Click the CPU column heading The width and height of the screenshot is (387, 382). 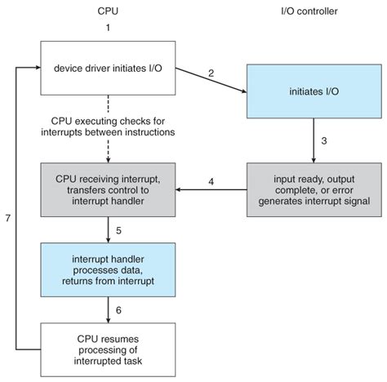point(106,12)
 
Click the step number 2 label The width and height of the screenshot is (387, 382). point(211,73)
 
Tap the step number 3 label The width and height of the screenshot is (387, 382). point(323,140)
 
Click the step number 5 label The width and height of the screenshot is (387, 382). point(118,231)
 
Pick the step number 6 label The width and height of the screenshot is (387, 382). point(118,310)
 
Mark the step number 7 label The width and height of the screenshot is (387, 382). point(7,220)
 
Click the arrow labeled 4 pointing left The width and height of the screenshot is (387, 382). point(212,191)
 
